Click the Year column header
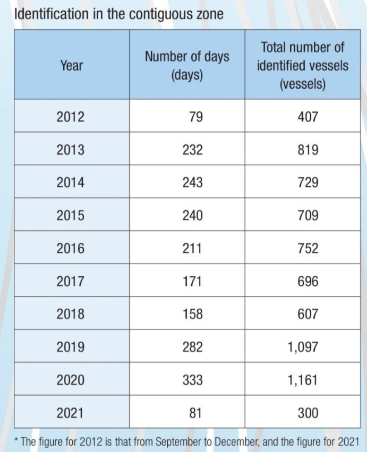[x=72, y=65]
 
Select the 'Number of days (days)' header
[x=187, y=65]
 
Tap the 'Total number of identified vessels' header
[x=303, y=65]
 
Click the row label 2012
[x=71, y=117]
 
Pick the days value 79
[x=196, y=117]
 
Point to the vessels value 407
[x=308, y=117]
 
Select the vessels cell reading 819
[x=308, y=150]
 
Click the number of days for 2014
[x=192, y=182]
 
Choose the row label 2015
[x=71, y=215]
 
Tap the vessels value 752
[x=308, y=248]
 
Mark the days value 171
[x=192, y=281]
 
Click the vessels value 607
[x=308, y=314]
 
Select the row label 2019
[x=71, y=347]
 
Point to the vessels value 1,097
[x=303, y=347]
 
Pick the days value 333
[x=192, y=380]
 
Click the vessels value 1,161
[x=303, y=380]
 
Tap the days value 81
[x=196, y=413]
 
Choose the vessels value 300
[x=308, y=413]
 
